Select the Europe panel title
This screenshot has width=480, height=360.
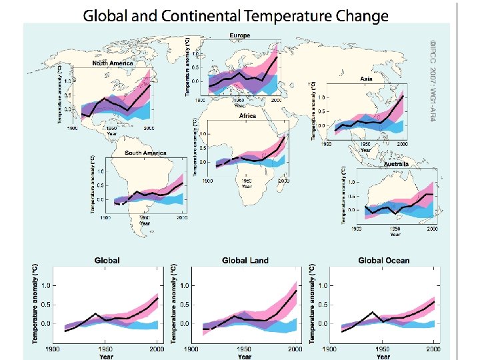(x=241, y=35)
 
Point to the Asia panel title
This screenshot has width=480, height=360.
(x=367, y=78)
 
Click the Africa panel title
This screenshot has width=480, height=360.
(x=247, y=115)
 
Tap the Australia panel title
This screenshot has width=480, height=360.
(x=395, y=163)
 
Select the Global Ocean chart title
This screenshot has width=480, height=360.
(x=383, y=260)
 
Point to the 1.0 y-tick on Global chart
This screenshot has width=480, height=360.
(x=45, y=285)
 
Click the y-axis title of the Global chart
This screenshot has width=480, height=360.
(x=36, y=304)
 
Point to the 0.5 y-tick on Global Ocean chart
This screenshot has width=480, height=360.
(x=322, y=305)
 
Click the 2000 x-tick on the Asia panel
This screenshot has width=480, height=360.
(x=402, y=144)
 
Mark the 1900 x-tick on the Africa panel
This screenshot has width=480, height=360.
(x=208, y=181)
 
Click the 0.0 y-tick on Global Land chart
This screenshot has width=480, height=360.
(x=184, y=324)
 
